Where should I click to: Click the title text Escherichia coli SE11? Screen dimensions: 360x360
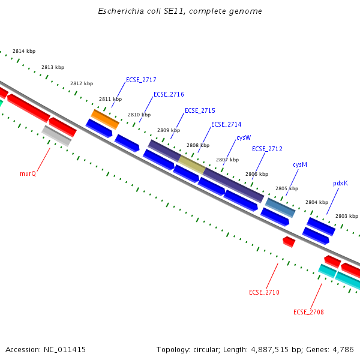tap(180, 11)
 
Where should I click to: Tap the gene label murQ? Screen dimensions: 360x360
tap(28, 173)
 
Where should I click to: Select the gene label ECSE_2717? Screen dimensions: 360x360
tap(141, 80)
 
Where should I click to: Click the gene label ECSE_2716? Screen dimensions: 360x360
tap(169, 94)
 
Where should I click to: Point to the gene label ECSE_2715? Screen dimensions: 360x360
tap(200, 110)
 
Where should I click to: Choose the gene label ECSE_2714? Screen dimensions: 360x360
tap(226, 124)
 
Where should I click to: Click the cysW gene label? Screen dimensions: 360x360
tap(244, 137)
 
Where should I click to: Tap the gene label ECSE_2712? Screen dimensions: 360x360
tap(267, 149)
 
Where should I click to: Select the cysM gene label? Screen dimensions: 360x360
tap(300, 164)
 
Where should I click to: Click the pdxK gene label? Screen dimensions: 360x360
tap(340, 183)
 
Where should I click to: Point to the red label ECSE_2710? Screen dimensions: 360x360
tap(264, 292)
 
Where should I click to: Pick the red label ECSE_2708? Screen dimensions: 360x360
tap(308, 312)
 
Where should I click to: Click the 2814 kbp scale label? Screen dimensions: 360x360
tap(24, 52)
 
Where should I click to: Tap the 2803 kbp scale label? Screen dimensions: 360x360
tap(346, 216)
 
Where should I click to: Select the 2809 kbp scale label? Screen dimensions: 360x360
tap(168, 130)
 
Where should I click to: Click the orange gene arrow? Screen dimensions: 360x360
tap(105, 119)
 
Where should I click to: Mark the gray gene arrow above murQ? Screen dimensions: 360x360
tap(56, 136)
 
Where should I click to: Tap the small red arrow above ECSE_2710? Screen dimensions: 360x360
tap(289, 241)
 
